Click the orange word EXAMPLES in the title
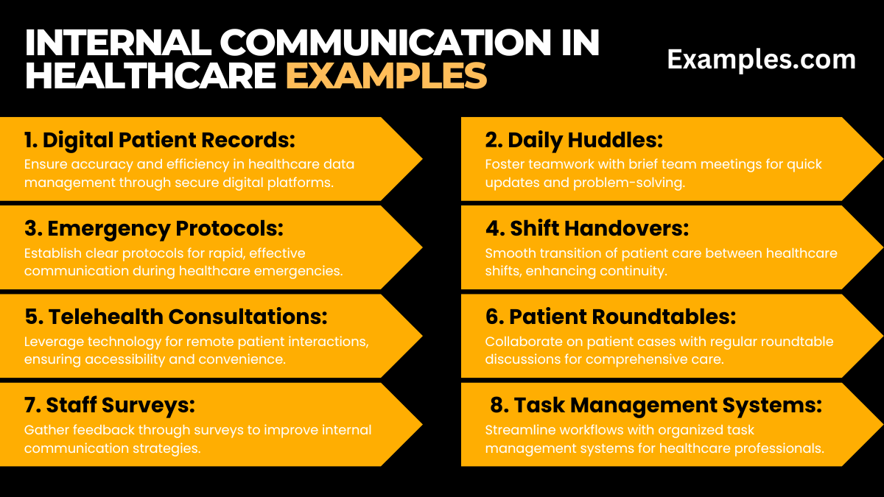[386, 76]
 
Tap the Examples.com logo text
[761, 60]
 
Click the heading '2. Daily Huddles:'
[575, 140]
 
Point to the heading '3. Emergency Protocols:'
[153, 228]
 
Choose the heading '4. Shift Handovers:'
[586, 228]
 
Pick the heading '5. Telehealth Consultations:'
[176, 317]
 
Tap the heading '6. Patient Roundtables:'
[611, 317]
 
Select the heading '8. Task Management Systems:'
[656, 405]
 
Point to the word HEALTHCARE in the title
[150, 76]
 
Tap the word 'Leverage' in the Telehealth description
[51, 342]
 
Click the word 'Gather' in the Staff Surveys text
[44, 430]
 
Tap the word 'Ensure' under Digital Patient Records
[43, 165]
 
